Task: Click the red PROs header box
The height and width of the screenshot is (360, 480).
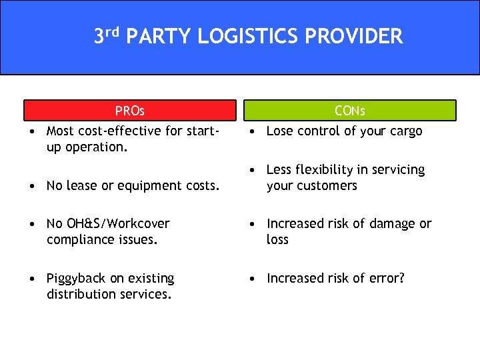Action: click(x=130, y=110)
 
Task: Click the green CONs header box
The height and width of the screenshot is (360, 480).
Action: click(x=349, y=110)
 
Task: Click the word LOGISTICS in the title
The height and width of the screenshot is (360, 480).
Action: click(x=249, y=36)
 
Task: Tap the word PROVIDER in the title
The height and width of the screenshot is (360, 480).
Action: click(x=354, y=36)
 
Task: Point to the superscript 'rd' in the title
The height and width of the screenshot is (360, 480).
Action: click(x=113, y=31)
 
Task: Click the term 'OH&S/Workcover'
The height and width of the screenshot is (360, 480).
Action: click(x=108, y=223)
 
